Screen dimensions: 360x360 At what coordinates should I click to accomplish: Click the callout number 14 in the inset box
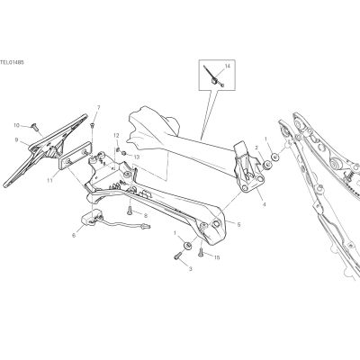pos(227,66)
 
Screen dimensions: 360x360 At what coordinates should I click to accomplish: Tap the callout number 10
pos(16,125)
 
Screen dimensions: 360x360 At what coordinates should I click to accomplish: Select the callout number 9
pos(16,139)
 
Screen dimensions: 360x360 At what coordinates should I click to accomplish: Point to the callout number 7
pos(98,107)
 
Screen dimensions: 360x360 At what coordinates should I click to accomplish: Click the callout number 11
pos(49,181)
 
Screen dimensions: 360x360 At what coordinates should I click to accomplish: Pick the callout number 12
pos(116,135)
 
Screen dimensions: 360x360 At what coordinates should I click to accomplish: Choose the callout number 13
pos(136,157)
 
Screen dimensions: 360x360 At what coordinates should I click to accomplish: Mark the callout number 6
pos(74,236)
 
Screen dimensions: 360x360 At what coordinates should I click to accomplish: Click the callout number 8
pos(146,215)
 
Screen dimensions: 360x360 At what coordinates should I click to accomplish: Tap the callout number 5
pos(238,224)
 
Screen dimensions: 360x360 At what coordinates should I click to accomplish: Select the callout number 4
pos(264,205)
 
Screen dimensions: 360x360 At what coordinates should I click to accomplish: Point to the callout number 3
pos(190,269)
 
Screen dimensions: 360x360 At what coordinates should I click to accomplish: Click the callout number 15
pos(216,257)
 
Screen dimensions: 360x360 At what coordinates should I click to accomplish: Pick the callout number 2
pos(256,148)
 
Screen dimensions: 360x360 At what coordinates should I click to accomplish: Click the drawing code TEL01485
pos(12,62)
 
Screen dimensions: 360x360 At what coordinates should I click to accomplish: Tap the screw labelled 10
pos(36,128)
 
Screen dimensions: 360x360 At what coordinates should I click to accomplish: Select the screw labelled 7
pos(93,125)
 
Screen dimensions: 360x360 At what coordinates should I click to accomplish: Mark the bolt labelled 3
pos(177,256)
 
